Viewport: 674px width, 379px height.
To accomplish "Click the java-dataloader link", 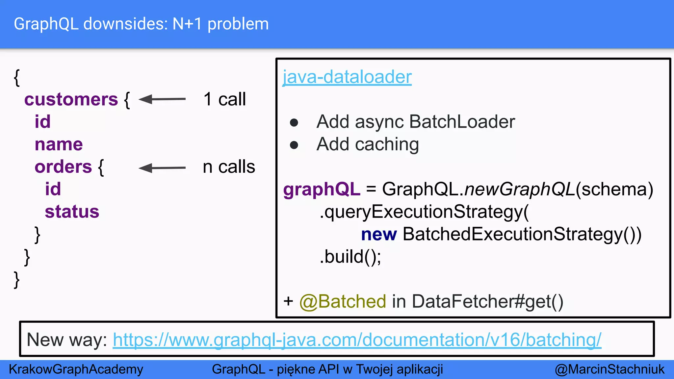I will pyautogui.click(x=347, y=77).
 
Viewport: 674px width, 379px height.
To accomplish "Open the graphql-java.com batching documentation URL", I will pyautogui.click(x=357, y=340).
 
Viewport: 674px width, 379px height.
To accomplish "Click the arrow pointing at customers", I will pyautogui.click(x=162, y=99).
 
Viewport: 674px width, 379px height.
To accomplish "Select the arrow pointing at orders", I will pyautogui.click(x=162, y=168).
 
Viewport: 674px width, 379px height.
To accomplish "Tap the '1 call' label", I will pyautogui.click(x=224, y=99).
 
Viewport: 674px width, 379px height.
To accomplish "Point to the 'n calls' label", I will pyautogui.click(x=229, y=167).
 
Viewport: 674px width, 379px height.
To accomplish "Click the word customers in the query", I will pyautogui.click(x=71, y=99).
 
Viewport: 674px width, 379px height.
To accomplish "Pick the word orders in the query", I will pyautogui.click(x=63, y=167).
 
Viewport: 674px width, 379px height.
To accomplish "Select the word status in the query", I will pyautogui.click(x=72, y=212).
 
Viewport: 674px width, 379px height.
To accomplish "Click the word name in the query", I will pyautogui.click(x=59, y=144).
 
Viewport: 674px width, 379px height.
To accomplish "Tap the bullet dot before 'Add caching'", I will pyautogui.click(x=294, y=145).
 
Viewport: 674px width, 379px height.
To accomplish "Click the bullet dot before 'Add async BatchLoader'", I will pyautogui.click(x=294, y=123).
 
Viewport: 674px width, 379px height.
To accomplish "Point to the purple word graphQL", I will pyautogui.click(x=322, y=189).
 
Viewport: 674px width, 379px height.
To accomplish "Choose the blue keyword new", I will pyautogui.click(x=379, y=235).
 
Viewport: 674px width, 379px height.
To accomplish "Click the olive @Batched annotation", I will pyautogui.click(x=343, y=301).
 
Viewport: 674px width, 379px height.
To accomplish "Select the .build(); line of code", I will pyautogui.click(x=350, y=257).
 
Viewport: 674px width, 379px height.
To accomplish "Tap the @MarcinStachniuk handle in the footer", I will pyautogui.click(x=609, y=369).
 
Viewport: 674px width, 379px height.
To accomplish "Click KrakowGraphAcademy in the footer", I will pyautogui.click(x=76, y=369).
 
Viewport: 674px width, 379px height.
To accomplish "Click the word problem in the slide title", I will pyautogui.click(x=238, y=24).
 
